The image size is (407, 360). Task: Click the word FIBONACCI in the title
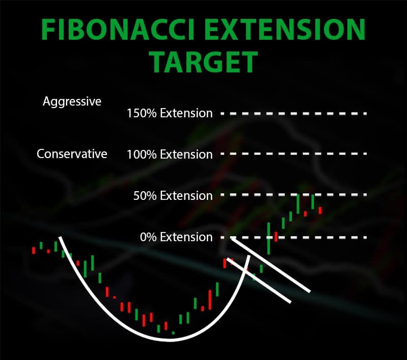click(x=118, y=29)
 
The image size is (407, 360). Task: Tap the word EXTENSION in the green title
click(x=285, y=29)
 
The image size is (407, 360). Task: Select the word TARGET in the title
click(x=205, y=62)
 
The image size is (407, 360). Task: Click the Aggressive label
click(x=72, y=101)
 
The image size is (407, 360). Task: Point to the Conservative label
click(x=72, y=153)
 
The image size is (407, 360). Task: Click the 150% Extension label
click(x=170, y=113)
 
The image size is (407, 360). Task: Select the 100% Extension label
click(x=170, y=155)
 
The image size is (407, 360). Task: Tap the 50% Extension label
click(x=173, y=195)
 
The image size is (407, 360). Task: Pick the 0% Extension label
click(x=176, y=237)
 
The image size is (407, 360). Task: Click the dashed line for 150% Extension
click(x=293, y=114)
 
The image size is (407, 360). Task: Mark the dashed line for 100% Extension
click(x=293, y=154)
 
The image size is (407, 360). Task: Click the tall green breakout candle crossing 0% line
click(x=268, y=238)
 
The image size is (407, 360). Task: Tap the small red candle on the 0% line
click(x=276, y=237)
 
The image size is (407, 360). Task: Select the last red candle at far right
click(x=320, y=211)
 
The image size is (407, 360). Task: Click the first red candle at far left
click(x=34, y=250)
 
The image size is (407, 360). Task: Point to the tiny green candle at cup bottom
click(x=173, y=332)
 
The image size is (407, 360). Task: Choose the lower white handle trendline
click(x=259, y=280)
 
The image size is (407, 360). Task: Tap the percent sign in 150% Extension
click(x=151, y=113)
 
